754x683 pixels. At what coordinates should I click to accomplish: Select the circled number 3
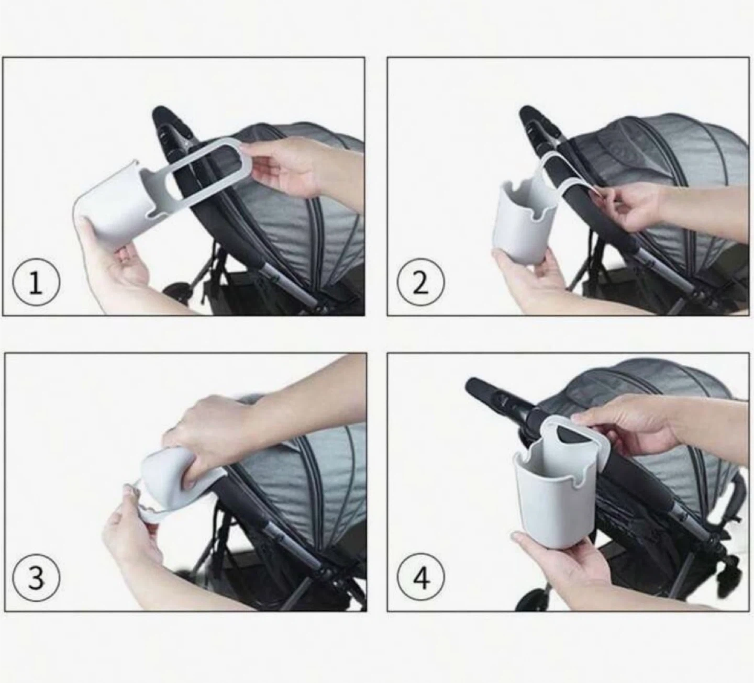(x=36, y=578)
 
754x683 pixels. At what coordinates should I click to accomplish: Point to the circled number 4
(x=421, y=578)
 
